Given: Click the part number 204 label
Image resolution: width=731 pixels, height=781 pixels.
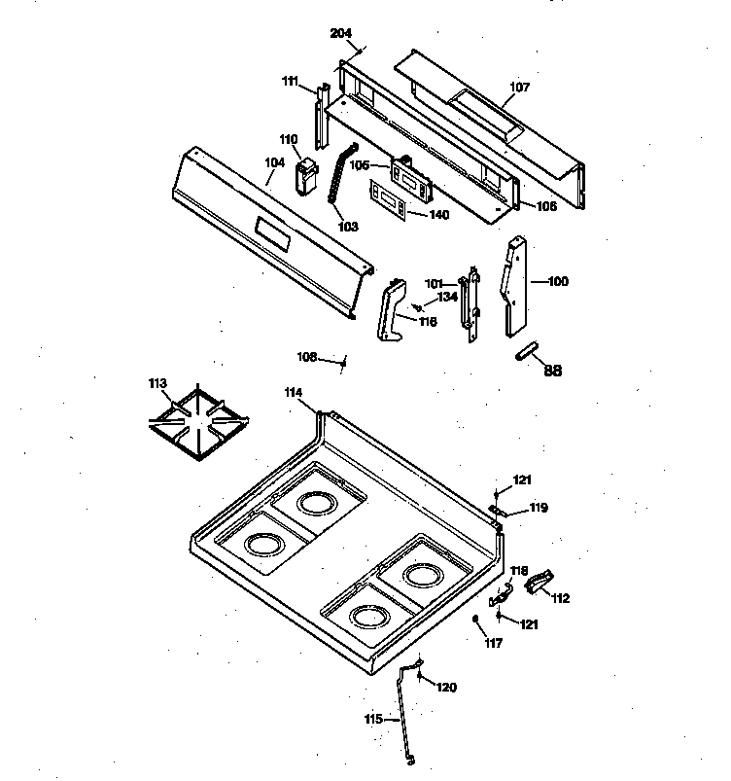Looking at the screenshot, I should [x=340, y=34].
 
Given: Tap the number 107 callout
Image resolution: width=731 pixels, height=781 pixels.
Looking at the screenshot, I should [x=521, y=88].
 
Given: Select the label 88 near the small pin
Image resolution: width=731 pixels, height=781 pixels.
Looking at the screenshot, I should [x=552, y=370].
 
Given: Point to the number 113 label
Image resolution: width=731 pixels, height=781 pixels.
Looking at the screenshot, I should [x=158, y=383].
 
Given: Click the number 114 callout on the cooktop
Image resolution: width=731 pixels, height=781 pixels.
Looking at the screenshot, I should [x=294, y=392].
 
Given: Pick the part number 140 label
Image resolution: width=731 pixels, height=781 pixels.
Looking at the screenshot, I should [x=438, y=215].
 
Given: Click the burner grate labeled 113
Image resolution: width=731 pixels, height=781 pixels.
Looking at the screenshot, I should [x=199, y=426].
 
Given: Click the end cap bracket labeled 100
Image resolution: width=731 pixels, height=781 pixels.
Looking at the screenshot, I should [x=515, y=287].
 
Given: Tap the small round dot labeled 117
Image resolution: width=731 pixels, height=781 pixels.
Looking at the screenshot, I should [x=474, y=620].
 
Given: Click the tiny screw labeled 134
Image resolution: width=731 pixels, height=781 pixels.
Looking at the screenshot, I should [x=415, y=306].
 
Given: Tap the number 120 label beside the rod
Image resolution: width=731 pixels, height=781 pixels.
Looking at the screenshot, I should [x=445, y=688].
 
